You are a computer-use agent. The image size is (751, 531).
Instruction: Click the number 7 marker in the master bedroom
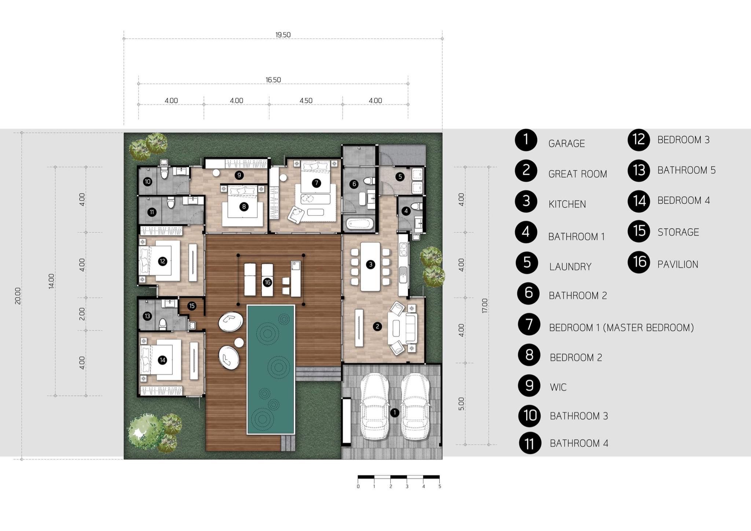[x=316, y=183]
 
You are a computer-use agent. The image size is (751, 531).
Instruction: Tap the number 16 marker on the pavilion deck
[x=267, y=282]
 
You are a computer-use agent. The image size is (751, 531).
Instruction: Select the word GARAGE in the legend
[x=567, y=143]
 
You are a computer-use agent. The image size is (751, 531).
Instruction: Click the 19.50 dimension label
[x=283, y=35]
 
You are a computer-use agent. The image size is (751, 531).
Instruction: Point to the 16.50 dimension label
[x=273, y=80]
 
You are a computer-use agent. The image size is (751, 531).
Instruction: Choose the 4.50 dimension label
[x=306, y=101]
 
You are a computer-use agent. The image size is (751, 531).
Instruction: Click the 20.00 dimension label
[x=18, y=296]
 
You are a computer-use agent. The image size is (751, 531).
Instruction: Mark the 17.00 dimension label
[x=485, y=306]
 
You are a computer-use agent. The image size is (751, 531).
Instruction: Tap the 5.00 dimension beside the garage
[x=461, y=404]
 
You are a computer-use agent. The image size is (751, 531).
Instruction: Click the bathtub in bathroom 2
[x=360, y=223]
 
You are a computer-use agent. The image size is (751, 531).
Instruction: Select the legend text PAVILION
[x=678, y=265]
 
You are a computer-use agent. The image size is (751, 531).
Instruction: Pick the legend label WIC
[x=558, y=387]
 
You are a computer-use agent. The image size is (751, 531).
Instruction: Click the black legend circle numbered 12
[x=638, y=140]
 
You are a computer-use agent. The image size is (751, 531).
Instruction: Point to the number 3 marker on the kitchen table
[x=370, y=264]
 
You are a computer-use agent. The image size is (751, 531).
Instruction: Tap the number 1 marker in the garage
[x=395, y=413]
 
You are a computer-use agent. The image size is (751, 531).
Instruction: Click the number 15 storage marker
[x=192, y=306]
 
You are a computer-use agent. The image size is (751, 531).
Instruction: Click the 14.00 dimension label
[x=51, y=281]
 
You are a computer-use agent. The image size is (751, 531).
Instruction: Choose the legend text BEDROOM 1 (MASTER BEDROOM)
[x=621, y=328]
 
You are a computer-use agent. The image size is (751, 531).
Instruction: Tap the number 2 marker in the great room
[x=377, y=326]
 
